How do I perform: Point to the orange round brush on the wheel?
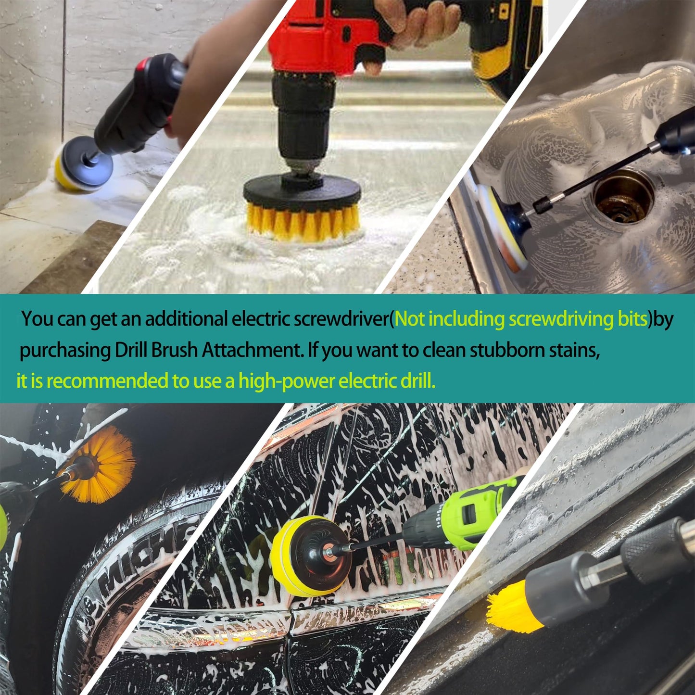point(103,464)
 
